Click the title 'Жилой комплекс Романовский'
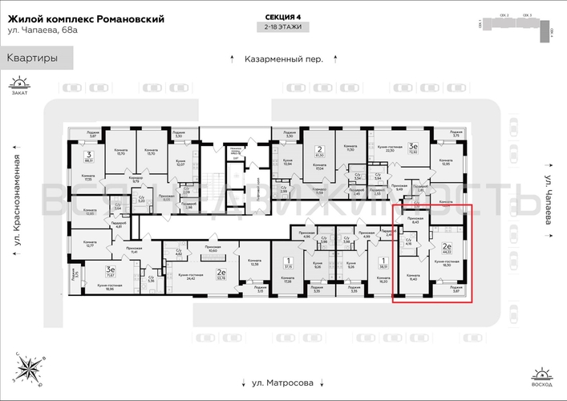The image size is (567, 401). (x=86, y=18)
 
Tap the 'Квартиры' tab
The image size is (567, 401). (x=33, y=58)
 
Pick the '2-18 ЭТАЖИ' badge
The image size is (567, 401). (x=284, y=27)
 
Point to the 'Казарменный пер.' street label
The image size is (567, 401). (x=284, y=59)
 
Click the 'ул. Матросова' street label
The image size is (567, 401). (x=284, y=383)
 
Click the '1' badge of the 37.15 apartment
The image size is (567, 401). (x=287, y=261)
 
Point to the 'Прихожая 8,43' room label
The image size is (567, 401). (x=415, y=222)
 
